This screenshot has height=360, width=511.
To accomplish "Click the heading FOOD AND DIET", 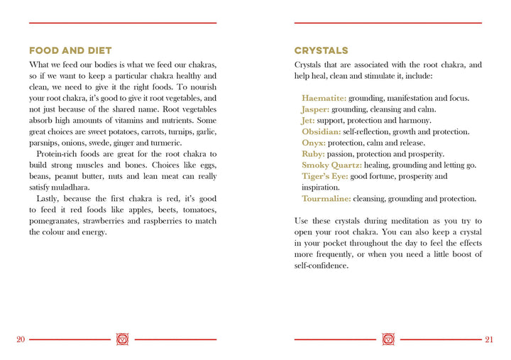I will point(70,50).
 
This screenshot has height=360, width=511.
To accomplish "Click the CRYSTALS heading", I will point(322,50).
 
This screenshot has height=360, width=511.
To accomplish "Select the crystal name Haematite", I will point(324,98).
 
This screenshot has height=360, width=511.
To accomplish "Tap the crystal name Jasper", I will point(315,109).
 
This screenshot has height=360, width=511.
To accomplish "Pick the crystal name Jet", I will point(308,121).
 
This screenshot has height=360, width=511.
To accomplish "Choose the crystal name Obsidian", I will point(321,132).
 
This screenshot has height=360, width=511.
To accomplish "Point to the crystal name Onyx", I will point(314,143).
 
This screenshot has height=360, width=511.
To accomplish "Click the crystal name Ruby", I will point(313,154).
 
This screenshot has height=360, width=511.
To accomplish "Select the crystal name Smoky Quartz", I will point(331,165).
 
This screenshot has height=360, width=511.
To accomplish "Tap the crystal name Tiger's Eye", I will point(324,176).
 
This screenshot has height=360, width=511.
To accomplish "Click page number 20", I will point(21,339).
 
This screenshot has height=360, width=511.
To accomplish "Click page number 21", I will point(489,339).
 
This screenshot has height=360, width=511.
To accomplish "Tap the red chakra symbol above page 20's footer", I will point(123,339).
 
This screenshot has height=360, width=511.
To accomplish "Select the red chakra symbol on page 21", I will point(388,339).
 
